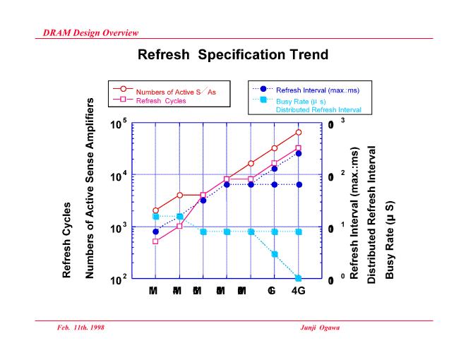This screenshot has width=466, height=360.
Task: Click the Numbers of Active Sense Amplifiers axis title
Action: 90,189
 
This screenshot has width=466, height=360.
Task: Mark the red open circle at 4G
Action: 299,132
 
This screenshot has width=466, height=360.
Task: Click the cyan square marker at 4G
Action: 299,279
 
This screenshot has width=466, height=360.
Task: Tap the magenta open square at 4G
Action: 299,148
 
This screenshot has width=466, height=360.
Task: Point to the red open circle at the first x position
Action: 155,210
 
